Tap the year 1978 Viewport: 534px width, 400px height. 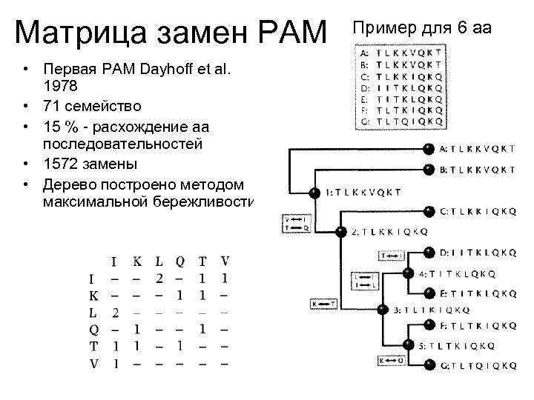[59, 85]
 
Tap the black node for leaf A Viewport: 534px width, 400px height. [428, 148]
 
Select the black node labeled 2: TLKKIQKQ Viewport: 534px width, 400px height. [340, 231]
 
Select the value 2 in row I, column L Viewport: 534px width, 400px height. [159, 279]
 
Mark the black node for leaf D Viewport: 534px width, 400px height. [428, 251]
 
